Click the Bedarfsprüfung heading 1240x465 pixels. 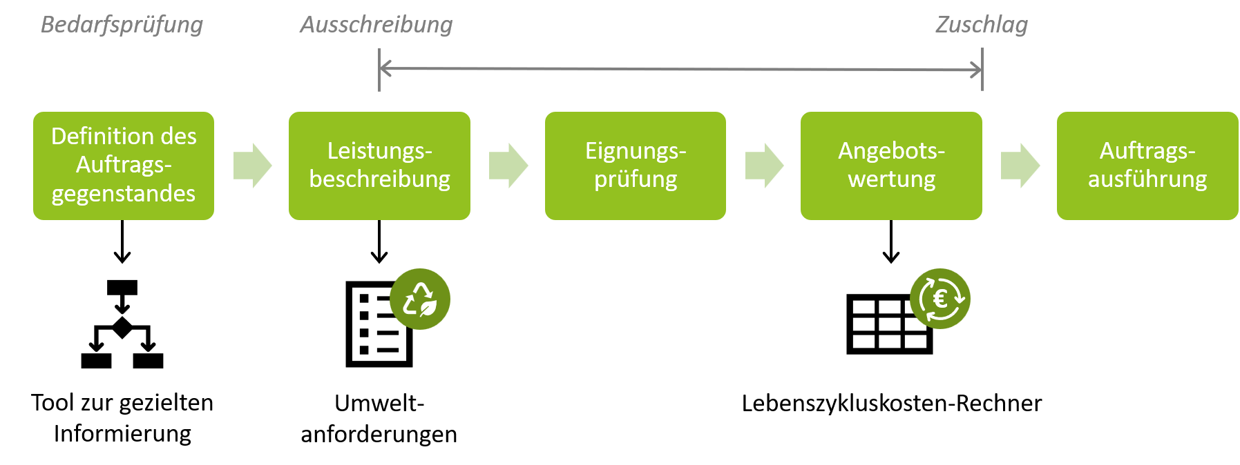coord(122,25)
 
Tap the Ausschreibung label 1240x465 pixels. coord(376,25)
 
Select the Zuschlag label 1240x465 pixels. coord(982,25)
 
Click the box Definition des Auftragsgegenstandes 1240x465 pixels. coord(124,166)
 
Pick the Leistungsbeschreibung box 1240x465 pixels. coord(379,166)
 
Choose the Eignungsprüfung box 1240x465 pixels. coord(636,166)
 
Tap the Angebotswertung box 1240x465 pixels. coord(891,166)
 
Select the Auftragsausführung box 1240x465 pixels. coord(1147,166)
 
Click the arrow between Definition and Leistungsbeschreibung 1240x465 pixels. coord(252,166)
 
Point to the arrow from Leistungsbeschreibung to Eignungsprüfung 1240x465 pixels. coord(508,166)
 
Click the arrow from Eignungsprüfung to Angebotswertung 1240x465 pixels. coord(764,166)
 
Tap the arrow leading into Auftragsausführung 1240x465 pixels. coord(1020,166)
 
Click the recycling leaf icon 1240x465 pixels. coord(420,299)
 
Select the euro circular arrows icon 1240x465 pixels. coord(940,299)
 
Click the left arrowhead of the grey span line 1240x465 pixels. coord(384,68)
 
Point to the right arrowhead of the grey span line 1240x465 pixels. coord(977,70)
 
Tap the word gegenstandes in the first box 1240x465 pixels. coord(124,194)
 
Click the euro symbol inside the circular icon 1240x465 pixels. coord(939,299)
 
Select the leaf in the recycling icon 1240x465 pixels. coord(428,307)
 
